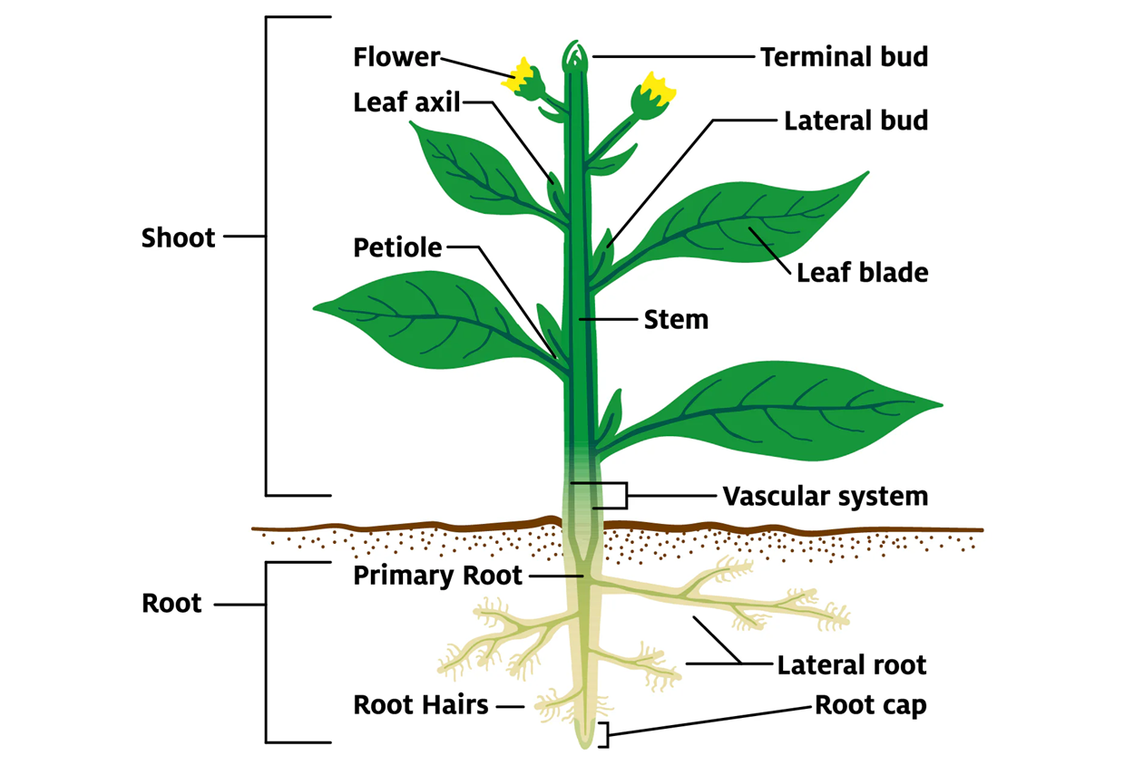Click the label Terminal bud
(x=844, y=57)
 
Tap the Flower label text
(x=396, y=58)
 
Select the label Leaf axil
(x=407, y=102)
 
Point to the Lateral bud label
(x=855, y=121)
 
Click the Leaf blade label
(x=862, y=272)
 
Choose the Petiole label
(x=397, y=247)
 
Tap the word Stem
(x=676, y=319)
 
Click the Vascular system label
(x=825, y=497)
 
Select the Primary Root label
(x=437, y=576)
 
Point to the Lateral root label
(x=851, y=665)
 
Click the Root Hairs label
(x=421, y=704)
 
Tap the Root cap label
(x=870, y=705)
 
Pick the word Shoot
(x=179, y=238)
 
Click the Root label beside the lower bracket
(x=171, y=604)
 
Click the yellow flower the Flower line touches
(x=523, y=78)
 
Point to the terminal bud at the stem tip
(x=574, y=56)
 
